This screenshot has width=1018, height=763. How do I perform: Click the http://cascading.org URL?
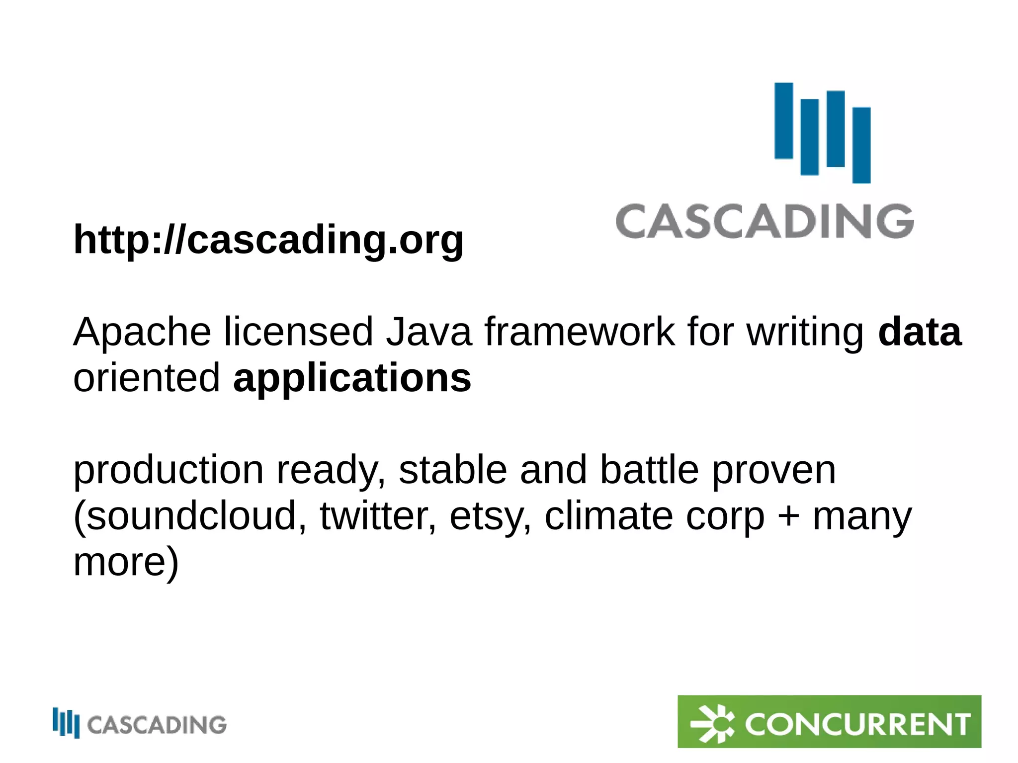click(268, 240)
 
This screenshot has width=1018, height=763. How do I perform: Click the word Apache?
click(142, 332)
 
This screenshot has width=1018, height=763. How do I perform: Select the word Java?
click(428, 332)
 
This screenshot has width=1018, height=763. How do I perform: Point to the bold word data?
click(920, 332)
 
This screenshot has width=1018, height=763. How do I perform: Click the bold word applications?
click(352, 378)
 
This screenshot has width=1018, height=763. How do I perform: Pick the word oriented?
click(146, 378)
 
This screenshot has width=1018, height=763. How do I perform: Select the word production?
click(169, 470)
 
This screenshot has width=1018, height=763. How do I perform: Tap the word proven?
click(773, 470)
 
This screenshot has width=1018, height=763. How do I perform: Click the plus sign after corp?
click(789, 517)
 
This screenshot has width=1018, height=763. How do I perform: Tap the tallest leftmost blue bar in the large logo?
click(784, 121)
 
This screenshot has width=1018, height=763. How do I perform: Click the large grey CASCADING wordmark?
click(764, 221)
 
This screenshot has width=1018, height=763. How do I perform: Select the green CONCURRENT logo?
click(829, 721)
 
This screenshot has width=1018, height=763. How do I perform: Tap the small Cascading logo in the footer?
click(140, 724)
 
